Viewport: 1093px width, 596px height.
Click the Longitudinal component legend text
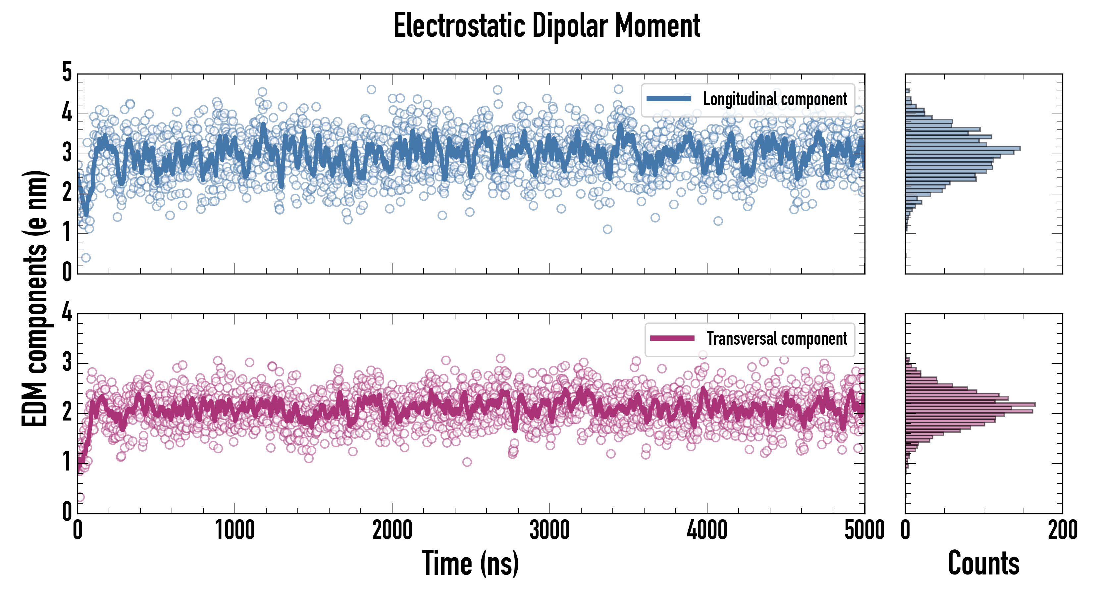tap(775, 99)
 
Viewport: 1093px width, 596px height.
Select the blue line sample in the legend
tap(669, 99)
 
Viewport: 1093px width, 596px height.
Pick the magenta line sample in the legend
tap(672, 338)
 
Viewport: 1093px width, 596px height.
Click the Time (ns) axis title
tap(470, 563)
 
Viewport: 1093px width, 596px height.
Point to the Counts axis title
tap(983, 563)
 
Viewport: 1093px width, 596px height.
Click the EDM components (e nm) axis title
tap(35, 299)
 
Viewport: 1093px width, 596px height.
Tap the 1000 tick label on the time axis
tap(234, 530)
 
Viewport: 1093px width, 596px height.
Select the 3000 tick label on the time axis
tap(549, 530)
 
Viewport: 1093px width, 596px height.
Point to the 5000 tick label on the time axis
tap(864, 530)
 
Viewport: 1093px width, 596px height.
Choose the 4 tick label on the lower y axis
tap(67, 313)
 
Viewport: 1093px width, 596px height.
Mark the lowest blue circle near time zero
tap(86, 258)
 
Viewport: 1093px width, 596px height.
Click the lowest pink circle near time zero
tap(80, 497)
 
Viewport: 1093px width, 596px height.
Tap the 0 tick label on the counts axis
tap(906, 530)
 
